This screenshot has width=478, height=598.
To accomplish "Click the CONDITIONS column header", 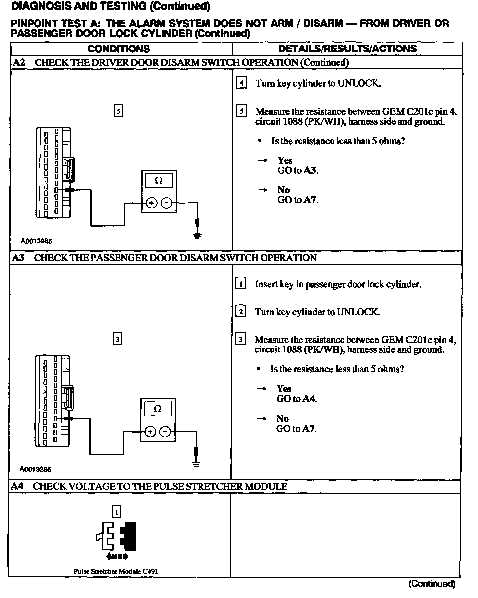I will [119, 49].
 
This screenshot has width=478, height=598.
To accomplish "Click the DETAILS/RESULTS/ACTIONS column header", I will [347, 49].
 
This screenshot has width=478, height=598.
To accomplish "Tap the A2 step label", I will [19, 62].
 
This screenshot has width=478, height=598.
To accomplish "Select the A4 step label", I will [17, 486].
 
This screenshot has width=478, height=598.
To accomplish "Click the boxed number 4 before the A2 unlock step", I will [241, 83].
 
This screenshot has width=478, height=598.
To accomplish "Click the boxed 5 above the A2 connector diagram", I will [118, 110].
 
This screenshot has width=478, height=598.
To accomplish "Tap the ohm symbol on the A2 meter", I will [159, 181].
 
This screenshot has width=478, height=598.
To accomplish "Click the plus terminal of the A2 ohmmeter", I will [151, 203].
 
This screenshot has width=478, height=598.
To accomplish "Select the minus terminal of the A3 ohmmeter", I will [165, 432].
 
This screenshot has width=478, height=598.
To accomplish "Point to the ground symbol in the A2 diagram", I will [198, 236].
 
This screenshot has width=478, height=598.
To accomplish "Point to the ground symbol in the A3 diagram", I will [196, 464].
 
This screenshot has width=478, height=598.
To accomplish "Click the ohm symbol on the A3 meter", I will [158, 409].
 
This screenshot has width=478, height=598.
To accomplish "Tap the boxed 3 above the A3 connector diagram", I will [117, 339].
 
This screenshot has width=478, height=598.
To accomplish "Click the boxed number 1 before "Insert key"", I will [241, 284].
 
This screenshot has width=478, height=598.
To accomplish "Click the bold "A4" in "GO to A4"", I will [310, 399].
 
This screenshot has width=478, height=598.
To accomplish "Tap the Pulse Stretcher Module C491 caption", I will [116, 571].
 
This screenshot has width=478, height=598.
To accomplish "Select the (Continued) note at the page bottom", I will [432, 583].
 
